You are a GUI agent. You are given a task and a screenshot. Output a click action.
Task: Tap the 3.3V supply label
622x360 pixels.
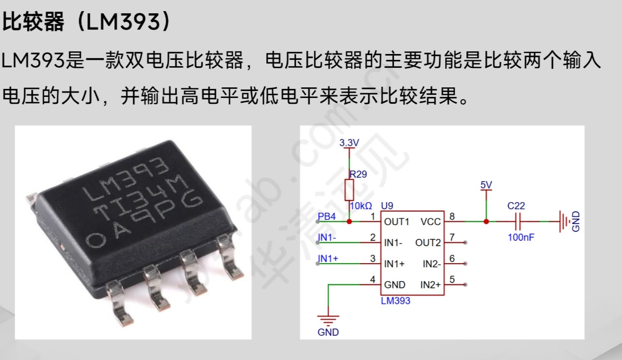click(349, 142)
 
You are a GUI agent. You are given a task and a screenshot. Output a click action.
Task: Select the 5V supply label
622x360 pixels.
click(486, 185)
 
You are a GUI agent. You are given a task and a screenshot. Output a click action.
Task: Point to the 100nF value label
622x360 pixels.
click(521, 238)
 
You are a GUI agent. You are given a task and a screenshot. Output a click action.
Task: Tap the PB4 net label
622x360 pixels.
click(327, 216)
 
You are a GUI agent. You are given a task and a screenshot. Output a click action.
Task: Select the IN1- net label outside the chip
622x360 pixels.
click(327, 238)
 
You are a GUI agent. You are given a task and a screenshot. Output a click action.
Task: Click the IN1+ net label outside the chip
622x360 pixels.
click(328, 259)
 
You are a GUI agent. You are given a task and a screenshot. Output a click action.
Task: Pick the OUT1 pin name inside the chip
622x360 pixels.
click(397, 221)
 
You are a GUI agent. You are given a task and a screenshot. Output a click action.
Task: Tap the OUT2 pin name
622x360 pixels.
click(428, 242)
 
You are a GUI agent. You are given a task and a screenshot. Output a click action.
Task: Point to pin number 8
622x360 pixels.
click(452, 215)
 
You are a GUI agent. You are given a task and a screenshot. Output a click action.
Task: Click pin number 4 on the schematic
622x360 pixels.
click(373, 279)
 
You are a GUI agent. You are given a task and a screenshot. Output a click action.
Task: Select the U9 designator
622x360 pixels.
click(387, 205)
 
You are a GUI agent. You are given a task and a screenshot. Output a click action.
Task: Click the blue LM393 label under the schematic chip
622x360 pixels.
click(395, 301)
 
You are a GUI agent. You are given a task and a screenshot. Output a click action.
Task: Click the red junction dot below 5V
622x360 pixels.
click(486, 221)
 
